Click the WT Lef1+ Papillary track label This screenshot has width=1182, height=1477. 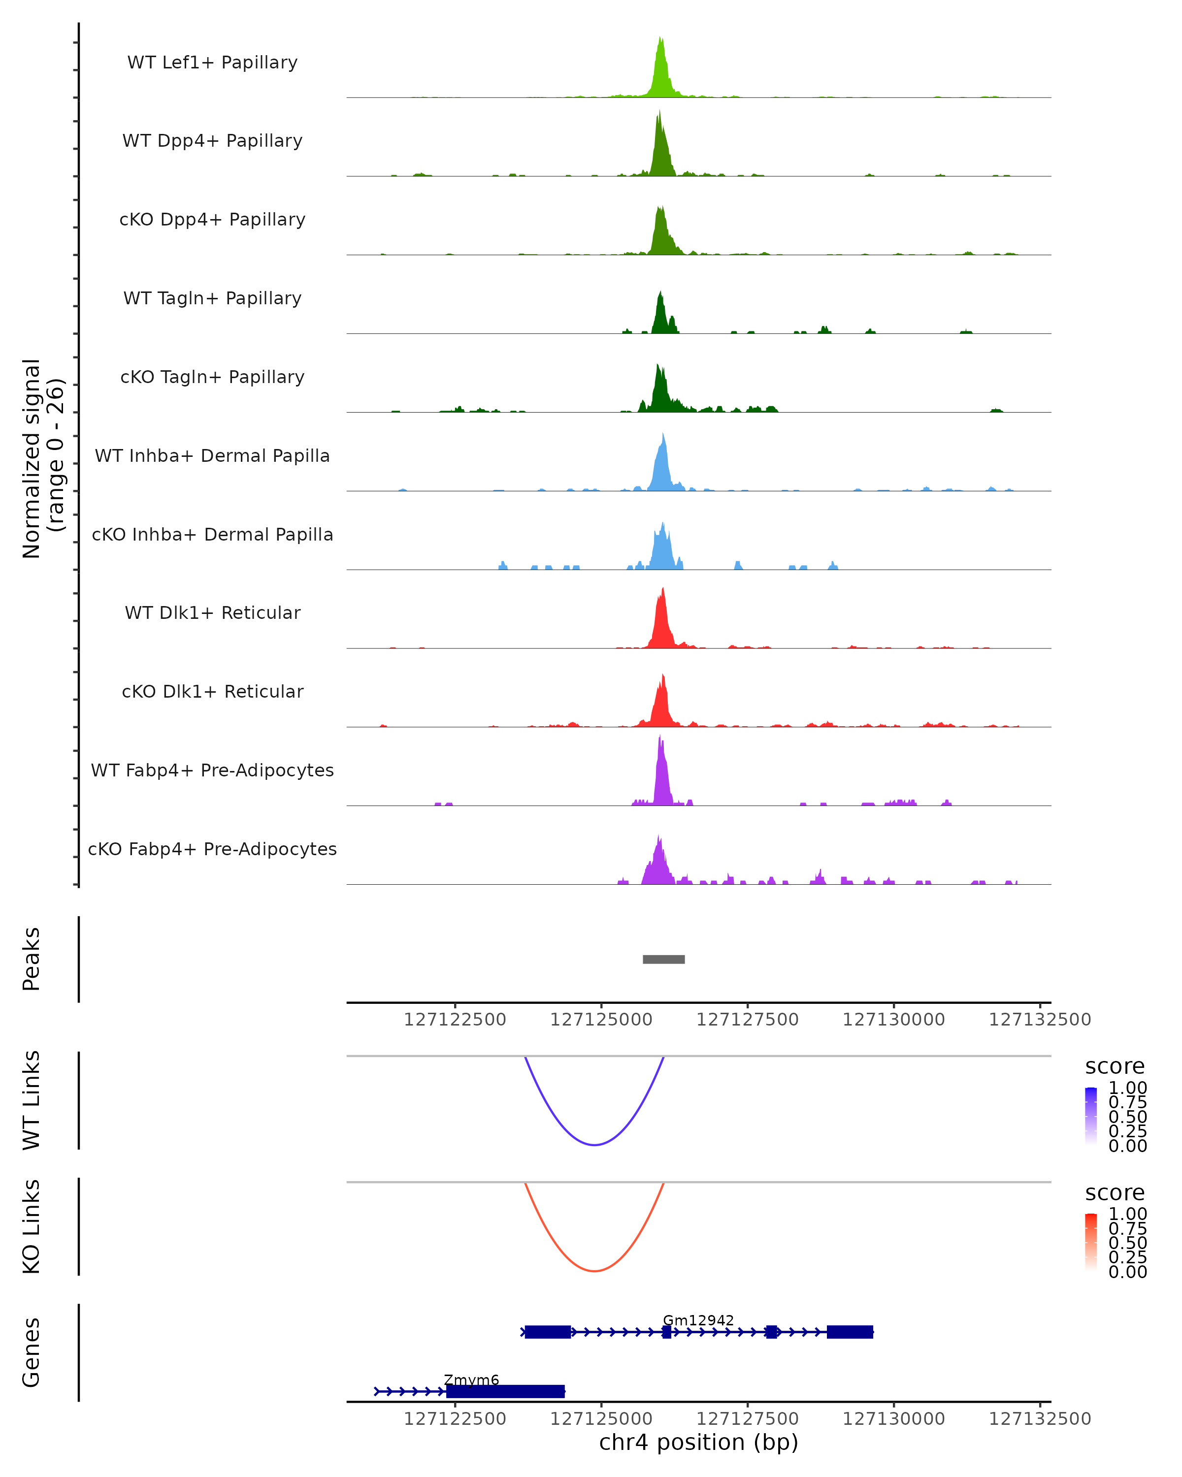tap(212, 63)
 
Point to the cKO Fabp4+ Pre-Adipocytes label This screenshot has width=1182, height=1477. tap(212, 849)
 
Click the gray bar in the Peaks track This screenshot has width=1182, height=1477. tap(663, 959)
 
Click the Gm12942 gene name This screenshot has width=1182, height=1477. tap(698, 1320)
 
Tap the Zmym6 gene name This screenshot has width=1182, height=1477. tap(471, 1380)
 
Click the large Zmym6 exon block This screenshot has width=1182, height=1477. tap(505, 1391)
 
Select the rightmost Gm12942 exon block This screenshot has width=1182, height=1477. tap(850, 1332)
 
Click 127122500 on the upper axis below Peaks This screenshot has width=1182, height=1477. tap(455, 1020)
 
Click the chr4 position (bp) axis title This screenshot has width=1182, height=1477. tap(698, 1442)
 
